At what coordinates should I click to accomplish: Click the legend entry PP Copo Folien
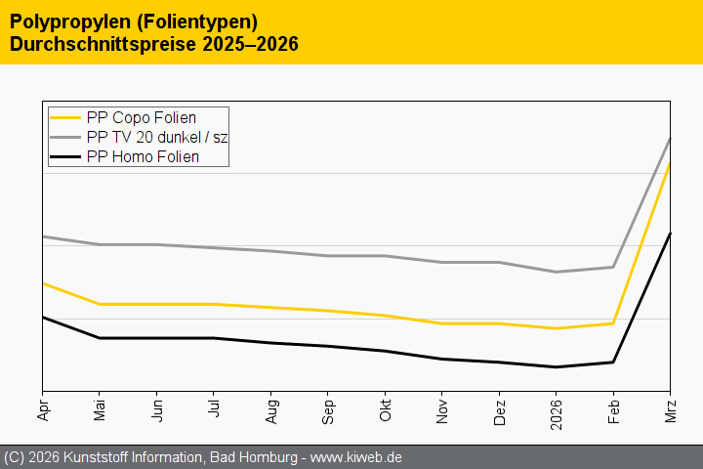(141, 118)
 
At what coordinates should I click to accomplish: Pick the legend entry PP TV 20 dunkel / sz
(156, 137)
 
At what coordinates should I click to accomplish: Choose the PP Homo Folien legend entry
(143, 156)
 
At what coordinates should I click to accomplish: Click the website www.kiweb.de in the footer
(356, 457)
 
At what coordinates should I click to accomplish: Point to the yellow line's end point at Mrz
(670, 163)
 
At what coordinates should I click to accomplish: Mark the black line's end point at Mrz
(670, 233)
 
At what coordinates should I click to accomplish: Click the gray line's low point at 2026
(556, 272)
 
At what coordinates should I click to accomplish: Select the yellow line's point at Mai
(99, 304)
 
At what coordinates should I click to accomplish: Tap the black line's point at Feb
(613, 362)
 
